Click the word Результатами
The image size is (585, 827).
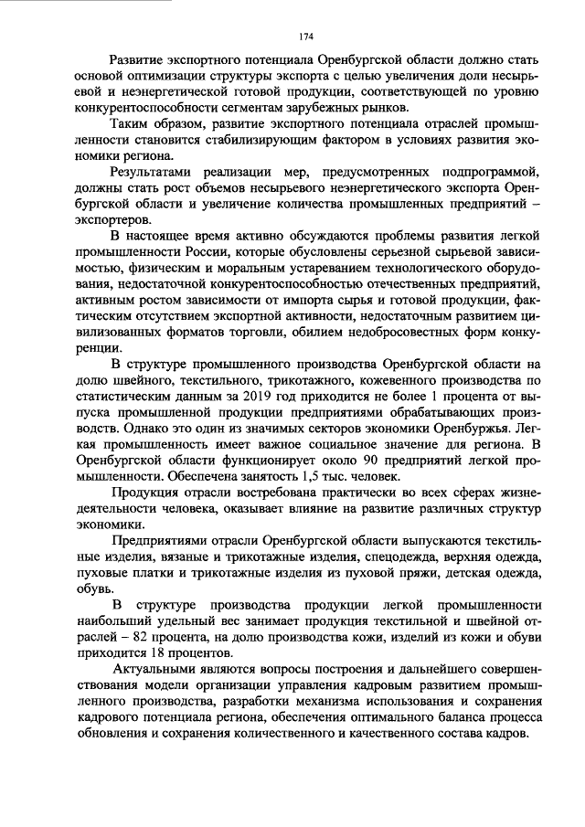click(154, 172)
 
